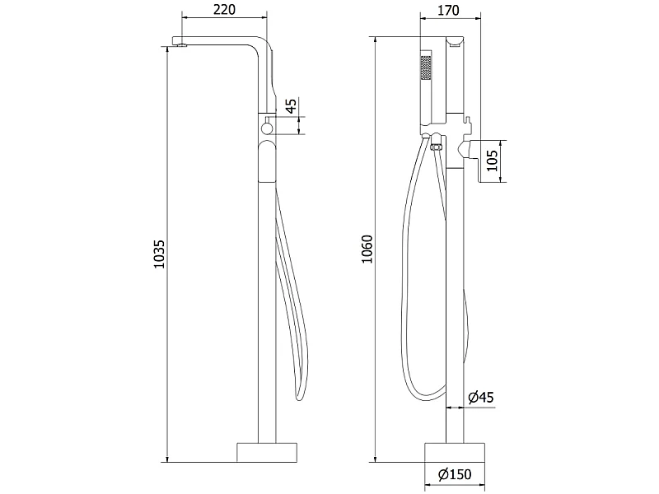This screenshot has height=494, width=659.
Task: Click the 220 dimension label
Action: (224, 9)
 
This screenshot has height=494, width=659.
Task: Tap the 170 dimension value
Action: (448, 10)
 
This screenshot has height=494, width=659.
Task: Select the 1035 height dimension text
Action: (159, 254)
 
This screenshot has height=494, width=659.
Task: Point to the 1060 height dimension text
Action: (367, 249)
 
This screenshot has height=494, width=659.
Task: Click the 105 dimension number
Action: (492, 160)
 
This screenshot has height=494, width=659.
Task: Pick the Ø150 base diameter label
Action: (455, 475)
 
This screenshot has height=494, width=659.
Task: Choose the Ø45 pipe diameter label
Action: (481, 397)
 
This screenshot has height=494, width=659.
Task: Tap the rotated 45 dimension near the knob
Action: (291, 105)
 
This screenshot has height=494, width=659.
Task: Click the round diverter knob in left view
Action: (266, 128)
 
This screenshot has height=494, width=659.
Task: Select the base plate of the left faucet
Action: (267, 452)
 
